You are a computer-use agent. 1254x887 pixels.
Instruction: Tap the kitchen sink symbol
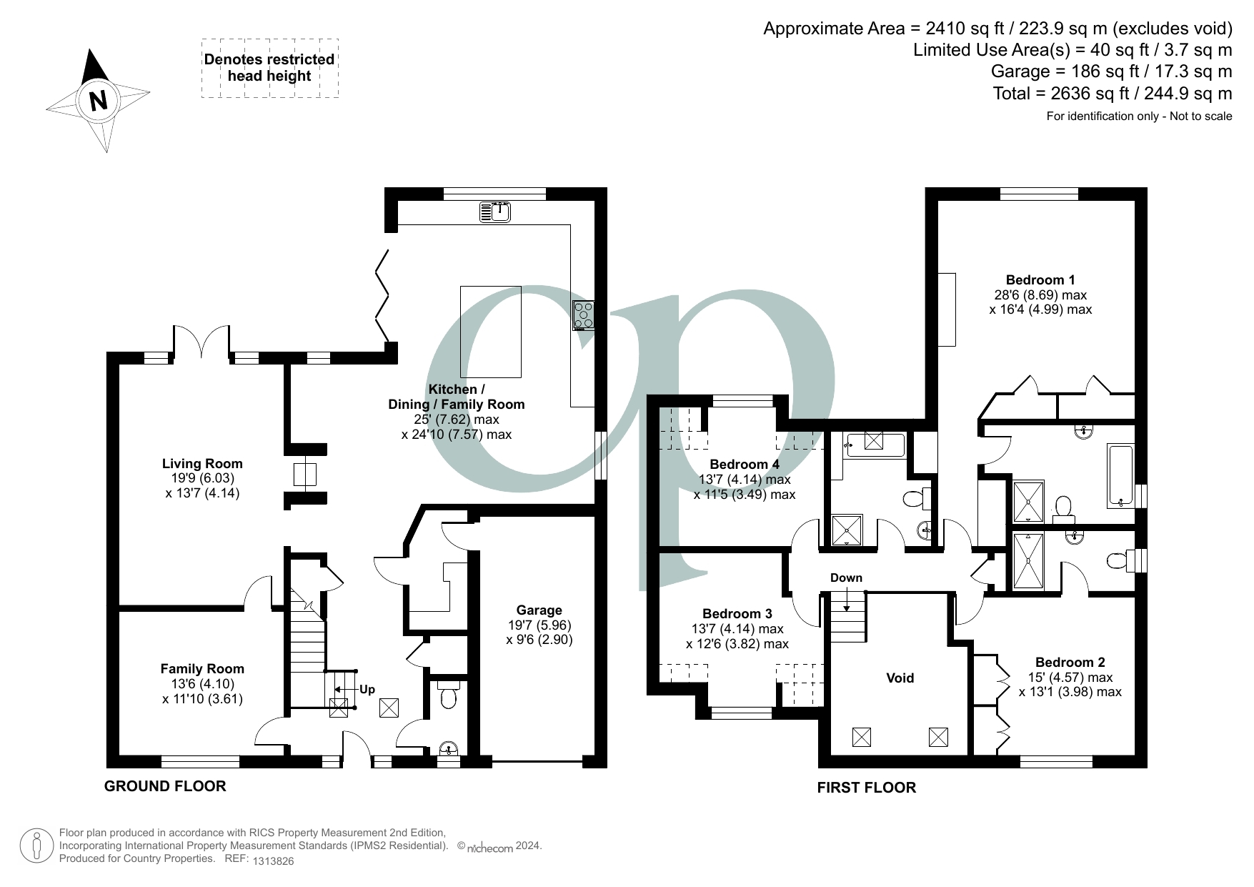[x=495, y=212]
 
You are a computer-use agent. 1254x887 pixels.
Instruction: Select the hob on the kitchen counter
[x=582, y=315]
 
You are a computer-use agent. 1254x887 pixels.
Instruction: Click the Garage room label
[x=539, y=610]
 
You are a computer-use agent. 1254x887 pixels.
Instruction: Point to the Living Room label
[x=201, y=463]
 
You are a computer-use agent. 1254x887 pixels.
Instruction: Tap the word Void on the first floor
[x=900, y=678]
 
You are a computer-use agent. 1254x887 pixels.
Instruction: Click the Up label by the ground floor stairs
[x=367, y=690]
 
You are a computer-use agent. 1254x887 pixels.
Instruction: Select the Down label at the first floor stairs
[x=846, y=578]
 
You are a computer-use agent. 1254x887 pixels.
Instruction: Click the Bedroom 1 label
[x=1040, y=280]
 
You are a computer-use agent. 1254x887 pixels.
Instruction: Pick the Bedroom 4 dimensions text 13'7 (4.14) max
[x=744, y=479]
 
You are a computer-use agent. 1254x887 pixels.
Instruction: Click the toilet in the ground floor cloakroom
[x=449, y=695]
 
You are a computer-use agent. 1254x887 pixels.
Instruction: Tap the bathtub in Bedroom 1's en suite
[x=1120, y=475]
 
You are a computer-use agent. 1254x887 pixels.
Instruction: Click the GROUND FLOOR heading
[x=165, y=786]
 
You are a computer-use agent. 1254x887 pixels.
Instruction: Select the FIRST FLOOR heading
[x=866, y=788]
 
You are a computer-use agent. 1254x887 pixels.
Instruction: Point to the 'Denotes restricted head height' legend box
[x=269, y=68]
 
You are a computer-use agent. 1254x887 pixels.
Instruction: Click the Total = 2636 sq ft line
[x=1112, y=94]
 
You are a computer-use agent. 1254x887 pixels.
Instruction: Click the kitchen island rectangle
[x=490, y=332]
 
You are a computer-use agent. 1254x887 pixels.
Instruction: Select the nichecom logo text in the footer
[x=489, y=848]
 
